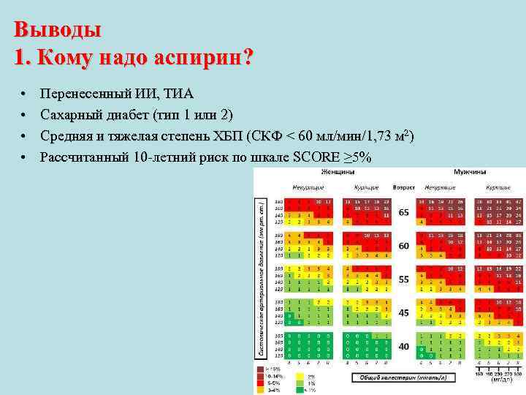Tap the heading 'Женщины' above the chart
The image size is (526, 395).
(337, 171)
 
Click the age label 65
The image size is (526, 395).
(403, 211)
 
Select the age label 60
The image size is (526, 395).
(403, 246)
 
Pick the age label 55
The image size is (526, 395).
(403, 279)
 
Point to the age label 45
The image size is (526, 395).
(403, 313)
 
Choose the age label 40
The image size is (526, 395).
(403, 346)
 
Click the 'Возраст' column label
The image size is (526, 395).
(403, 187)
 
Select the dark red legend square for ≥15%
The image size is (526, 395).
(261, 367)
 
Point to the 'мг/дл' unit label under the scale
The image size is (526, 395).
(497, 380)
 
